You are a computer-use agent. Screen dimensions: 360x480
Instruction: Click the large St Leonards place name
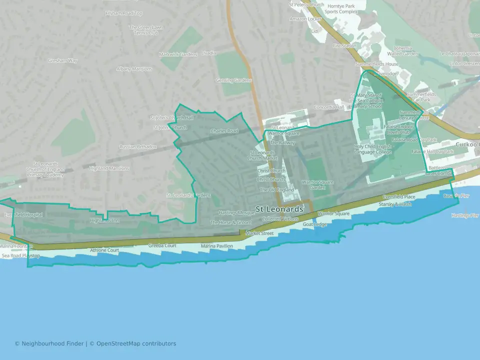tap(279, 208)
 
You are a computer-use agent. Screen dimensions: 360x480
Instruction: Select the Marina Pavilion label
tap(217, 246)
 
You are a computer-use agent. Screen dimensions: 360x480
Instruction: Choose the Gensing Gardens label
tap(233, 80)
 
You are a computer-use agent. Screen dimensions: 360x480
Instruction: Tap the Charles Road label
tap(223, 131)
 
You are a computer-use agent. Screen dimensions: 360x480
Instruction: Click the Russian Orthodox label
tap(138, 147)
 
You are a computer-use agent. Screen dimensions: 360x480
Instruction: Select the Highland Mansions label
tap(109, 168)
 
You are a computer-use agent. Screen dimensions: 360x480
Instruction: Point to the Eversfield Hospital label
tap(23, 215)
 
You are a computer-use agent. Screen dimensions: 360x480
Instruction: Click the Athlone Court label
tap(104, 250)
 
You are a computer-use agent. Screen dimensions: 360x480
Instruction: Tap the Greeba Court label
tap(162, 246)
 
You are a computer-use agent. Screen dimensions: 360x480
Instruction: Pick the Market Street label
tap(259, 233)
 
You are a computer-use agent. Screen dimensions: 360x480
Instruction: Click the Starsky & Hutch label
tap(395, 204)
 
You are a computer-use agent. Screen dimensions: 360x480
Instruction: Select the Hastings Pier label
tap(464, 215)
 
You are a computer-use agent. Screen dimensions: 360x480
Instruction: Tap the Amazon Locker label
tap(305, 19)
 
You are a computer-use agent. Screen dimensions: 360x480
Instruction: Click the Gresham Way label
tap(63, 60)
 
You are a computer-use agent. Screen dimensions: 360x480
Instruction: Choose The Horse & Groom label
tap(230, 222)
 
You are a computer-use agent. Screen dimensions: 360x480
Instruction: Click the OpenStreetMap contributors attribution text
tap(136, 343)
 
